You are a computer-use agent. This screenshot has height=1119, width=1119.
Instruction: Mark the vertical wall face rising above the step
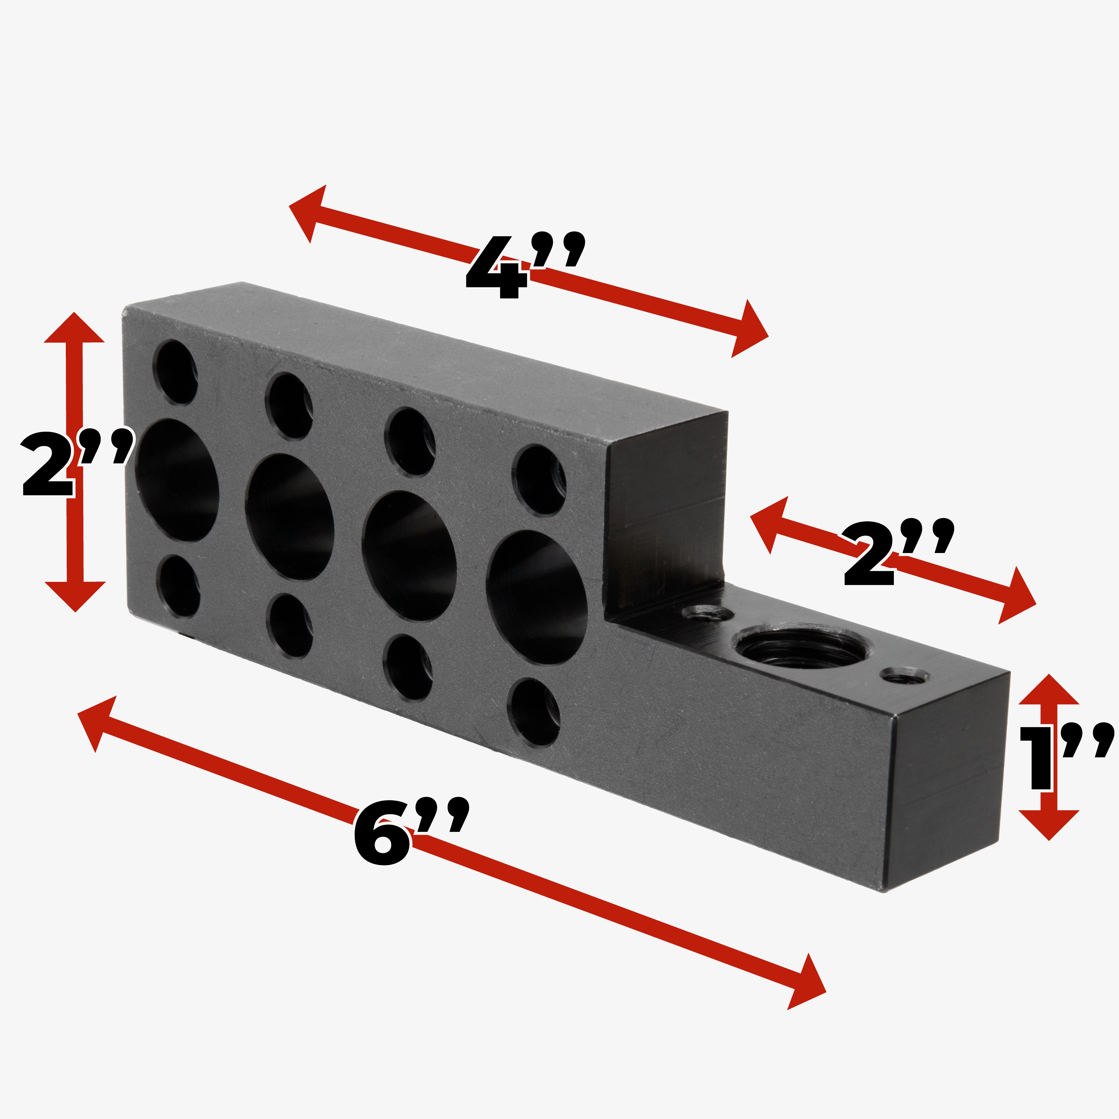click(666, 515)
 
